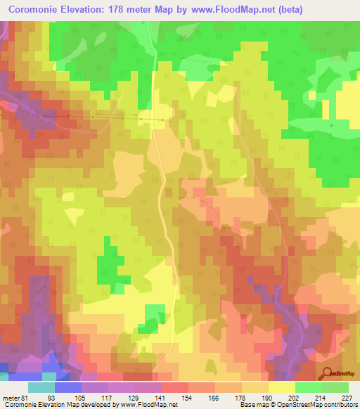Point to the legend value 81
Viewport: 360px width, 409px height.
27,398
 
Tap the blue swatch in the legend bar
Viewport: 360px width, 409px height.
67,387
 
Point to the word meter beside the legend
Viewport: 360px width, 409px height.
10,398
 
